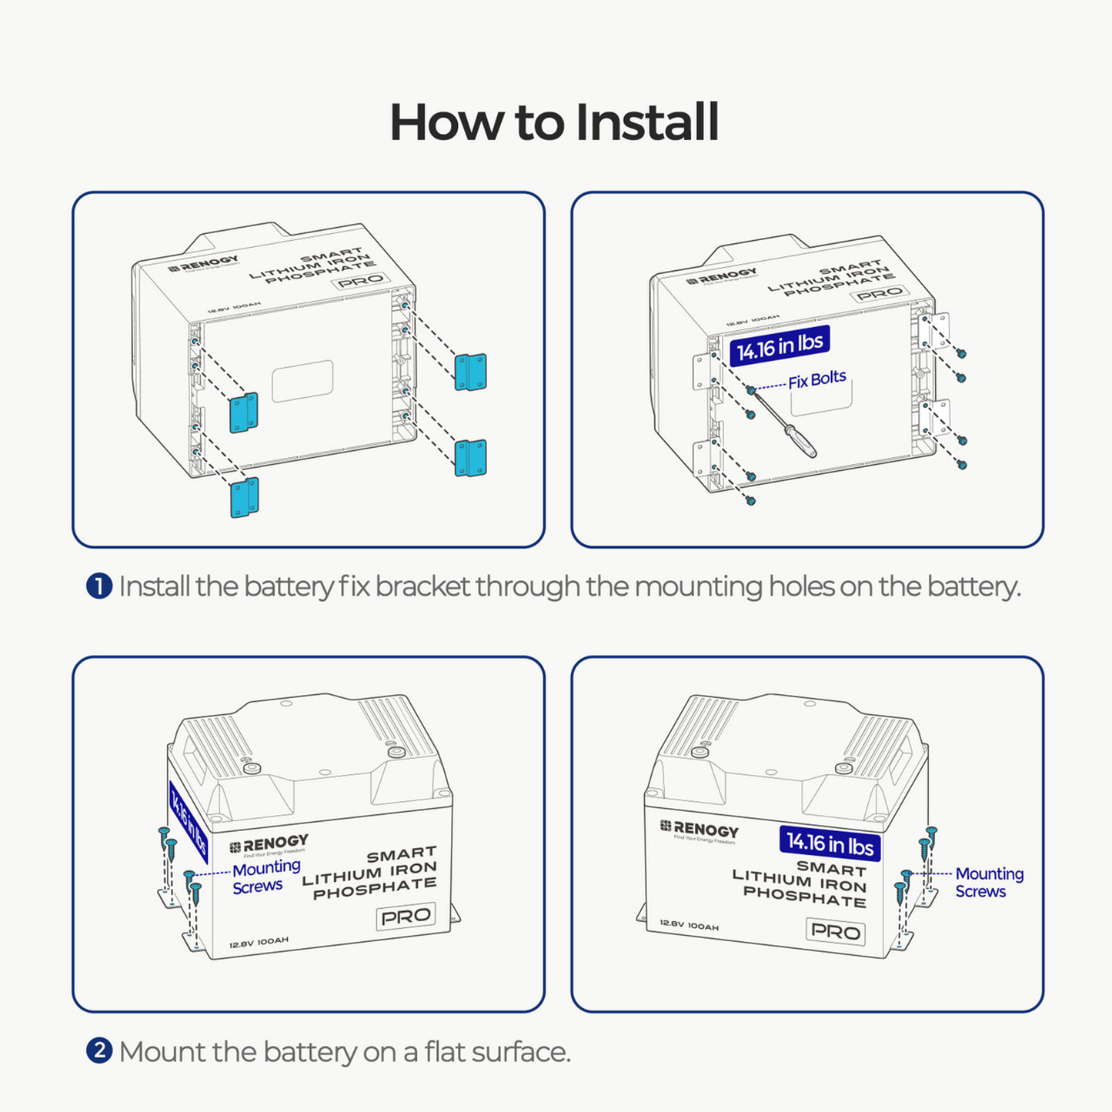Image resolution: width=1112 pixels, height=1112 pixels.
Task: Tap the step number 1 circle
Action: click(x=99, y=586)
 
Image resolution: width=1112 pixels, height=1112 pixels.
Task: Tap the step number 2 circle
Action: click(x=99, y=1051)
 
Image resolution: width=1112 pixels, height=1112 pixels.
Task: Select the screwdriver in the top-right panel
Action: click(x=785, y=425)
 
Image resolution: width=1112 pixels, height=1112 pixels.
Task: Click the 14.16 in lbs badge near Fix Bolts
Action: click(x=780, y=346)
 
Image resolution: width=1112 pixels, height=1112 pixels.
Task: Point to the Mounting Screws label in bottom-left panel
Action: click(x=265, y=877)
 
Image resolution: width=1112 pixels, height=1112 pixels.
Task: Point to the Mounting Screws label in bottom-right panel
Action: click(x=989, y=883)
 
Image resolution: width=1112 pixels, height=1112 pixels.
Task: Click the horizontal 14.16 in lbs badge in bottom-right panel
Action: click(x=830, y=843)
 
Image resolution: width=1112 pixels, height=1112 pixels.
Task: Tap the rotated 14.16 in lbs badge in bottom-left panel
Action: click(x=188, y=823)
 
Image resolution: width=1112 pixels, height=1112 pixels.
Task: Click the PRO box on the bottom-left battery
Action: click(x=406, y=917)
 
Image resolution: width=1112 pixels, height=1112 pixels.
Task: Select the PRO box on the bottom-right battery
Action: click(x=836, y=931)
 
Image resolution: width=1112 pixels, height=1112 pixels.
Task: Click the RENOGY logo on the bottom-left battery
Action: click(x=269, y=844)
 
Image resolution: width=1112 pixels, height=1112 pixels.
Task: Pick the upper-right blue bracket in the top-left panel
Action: click(x=470, y=372)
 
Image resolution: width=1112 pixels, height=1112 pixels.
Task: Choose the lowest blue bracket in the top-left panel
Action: click(x=244, y=497)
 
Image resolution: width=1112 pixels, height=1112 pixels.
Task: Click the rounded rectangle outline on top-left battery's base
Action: click(x=302, y=381)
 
